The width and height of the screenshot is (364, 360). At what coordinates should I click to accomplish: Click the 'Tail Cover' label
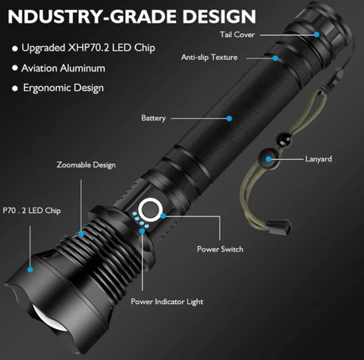click(237, 35)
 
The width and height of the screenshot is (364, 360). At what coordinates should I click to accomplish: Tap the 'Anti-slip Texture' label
click(209, 58)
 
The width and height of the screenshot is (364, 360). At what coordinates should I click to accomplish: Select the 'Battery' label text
click(153, 118)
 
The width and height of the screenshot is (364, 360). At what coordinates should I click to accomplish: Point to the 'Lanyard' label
click(318, 159)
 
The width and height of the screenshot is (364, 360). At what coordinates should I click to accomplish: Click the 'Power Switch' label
click(220, 249)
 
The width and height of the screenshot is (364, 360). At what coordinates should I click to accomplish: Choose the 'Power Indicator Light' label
click(167, 302)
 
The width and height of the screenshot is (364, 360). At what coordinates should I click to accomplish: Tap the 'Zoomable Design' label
click(86, 165)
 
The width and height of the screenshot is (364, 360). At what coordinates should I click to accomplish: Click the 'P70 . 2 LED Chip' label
click(32, 211)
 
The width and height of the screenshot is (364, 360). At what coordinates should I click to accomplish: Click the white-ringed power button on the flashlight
click(151, 210)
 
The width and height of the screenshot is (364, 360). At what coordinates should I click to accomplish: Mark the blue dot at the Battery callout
click(229, 118)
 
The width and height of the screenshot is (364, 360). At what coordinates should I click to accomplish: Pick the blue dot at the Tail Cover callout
click(316, 34)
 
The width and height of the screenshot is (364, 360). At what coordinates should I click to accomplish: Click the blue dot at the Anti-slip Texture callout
click(275, 58)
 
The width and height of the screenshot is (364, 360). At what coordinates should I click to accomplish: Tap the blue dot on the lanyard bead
click(268, 159)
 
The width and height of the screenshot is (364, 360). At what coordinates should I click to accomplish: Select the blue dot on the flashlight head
click(30, 270)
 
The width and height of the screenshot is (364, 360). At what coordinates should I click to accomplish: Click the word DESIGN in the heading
click(219, 17)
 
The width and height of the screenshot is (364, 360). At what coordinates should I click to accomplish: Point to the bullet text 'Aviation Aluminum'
click(63, 68)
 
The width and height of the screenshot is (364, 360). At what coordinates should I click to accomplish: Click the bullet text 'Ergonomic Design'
click(64, 88)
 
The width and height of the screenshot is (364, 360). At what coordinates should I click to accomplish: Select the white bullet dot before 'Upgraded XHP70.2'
click(15, 49)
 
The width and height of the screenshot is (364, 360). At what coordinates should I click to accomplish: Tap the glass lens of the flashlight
click(51, 319)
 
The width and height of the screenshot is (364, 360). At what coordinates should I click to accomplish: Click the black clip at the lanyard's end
click(279, 226)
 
